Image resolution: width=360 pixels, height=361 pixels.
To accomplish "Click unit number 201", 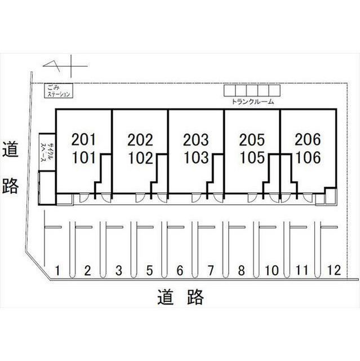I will point(85,139).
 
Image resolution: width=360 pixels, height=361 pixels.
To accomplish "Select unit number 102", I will point(140,157).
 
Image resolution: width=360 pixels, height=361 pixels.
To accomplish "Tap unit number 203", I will point(196,139).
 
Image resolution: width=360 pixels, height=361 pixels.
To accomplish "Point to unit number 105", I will point(251,157).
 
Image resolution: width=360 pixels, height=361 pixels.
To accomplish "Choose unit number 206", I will point(307,139).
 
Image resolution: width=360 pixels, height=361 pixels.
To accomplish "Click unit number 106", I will point(307,157).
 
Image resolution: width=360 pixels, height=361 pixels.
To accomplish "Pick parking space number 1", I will point(57,270).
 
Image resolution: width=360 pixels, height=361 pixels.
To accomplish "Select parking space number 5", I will point(149,270).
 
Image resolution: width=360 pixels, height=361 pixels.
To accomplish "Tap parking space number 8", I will point(241,270).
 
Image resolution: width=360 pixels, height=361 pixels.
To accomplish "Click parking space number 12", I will point(334,270).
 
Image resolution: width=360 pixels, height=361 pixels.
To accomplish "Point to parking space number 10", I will point(272,270).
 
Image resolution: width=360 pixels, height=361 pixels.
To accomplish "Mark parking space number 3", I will point(118,270).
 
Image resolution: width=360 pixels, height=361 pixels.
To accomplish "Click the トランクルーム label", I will point(252,102).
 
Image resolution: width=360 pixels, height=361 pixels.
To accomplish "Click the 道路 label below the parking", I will point(180,296).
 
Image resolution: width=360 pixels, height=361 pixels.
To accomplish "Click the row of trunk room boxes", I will point(252,91).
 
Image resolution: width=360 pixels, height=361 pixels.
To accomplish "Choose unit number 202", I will point(140,139).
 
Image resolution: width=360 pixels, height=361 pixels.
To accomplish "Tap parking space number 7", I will point(210,270).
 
